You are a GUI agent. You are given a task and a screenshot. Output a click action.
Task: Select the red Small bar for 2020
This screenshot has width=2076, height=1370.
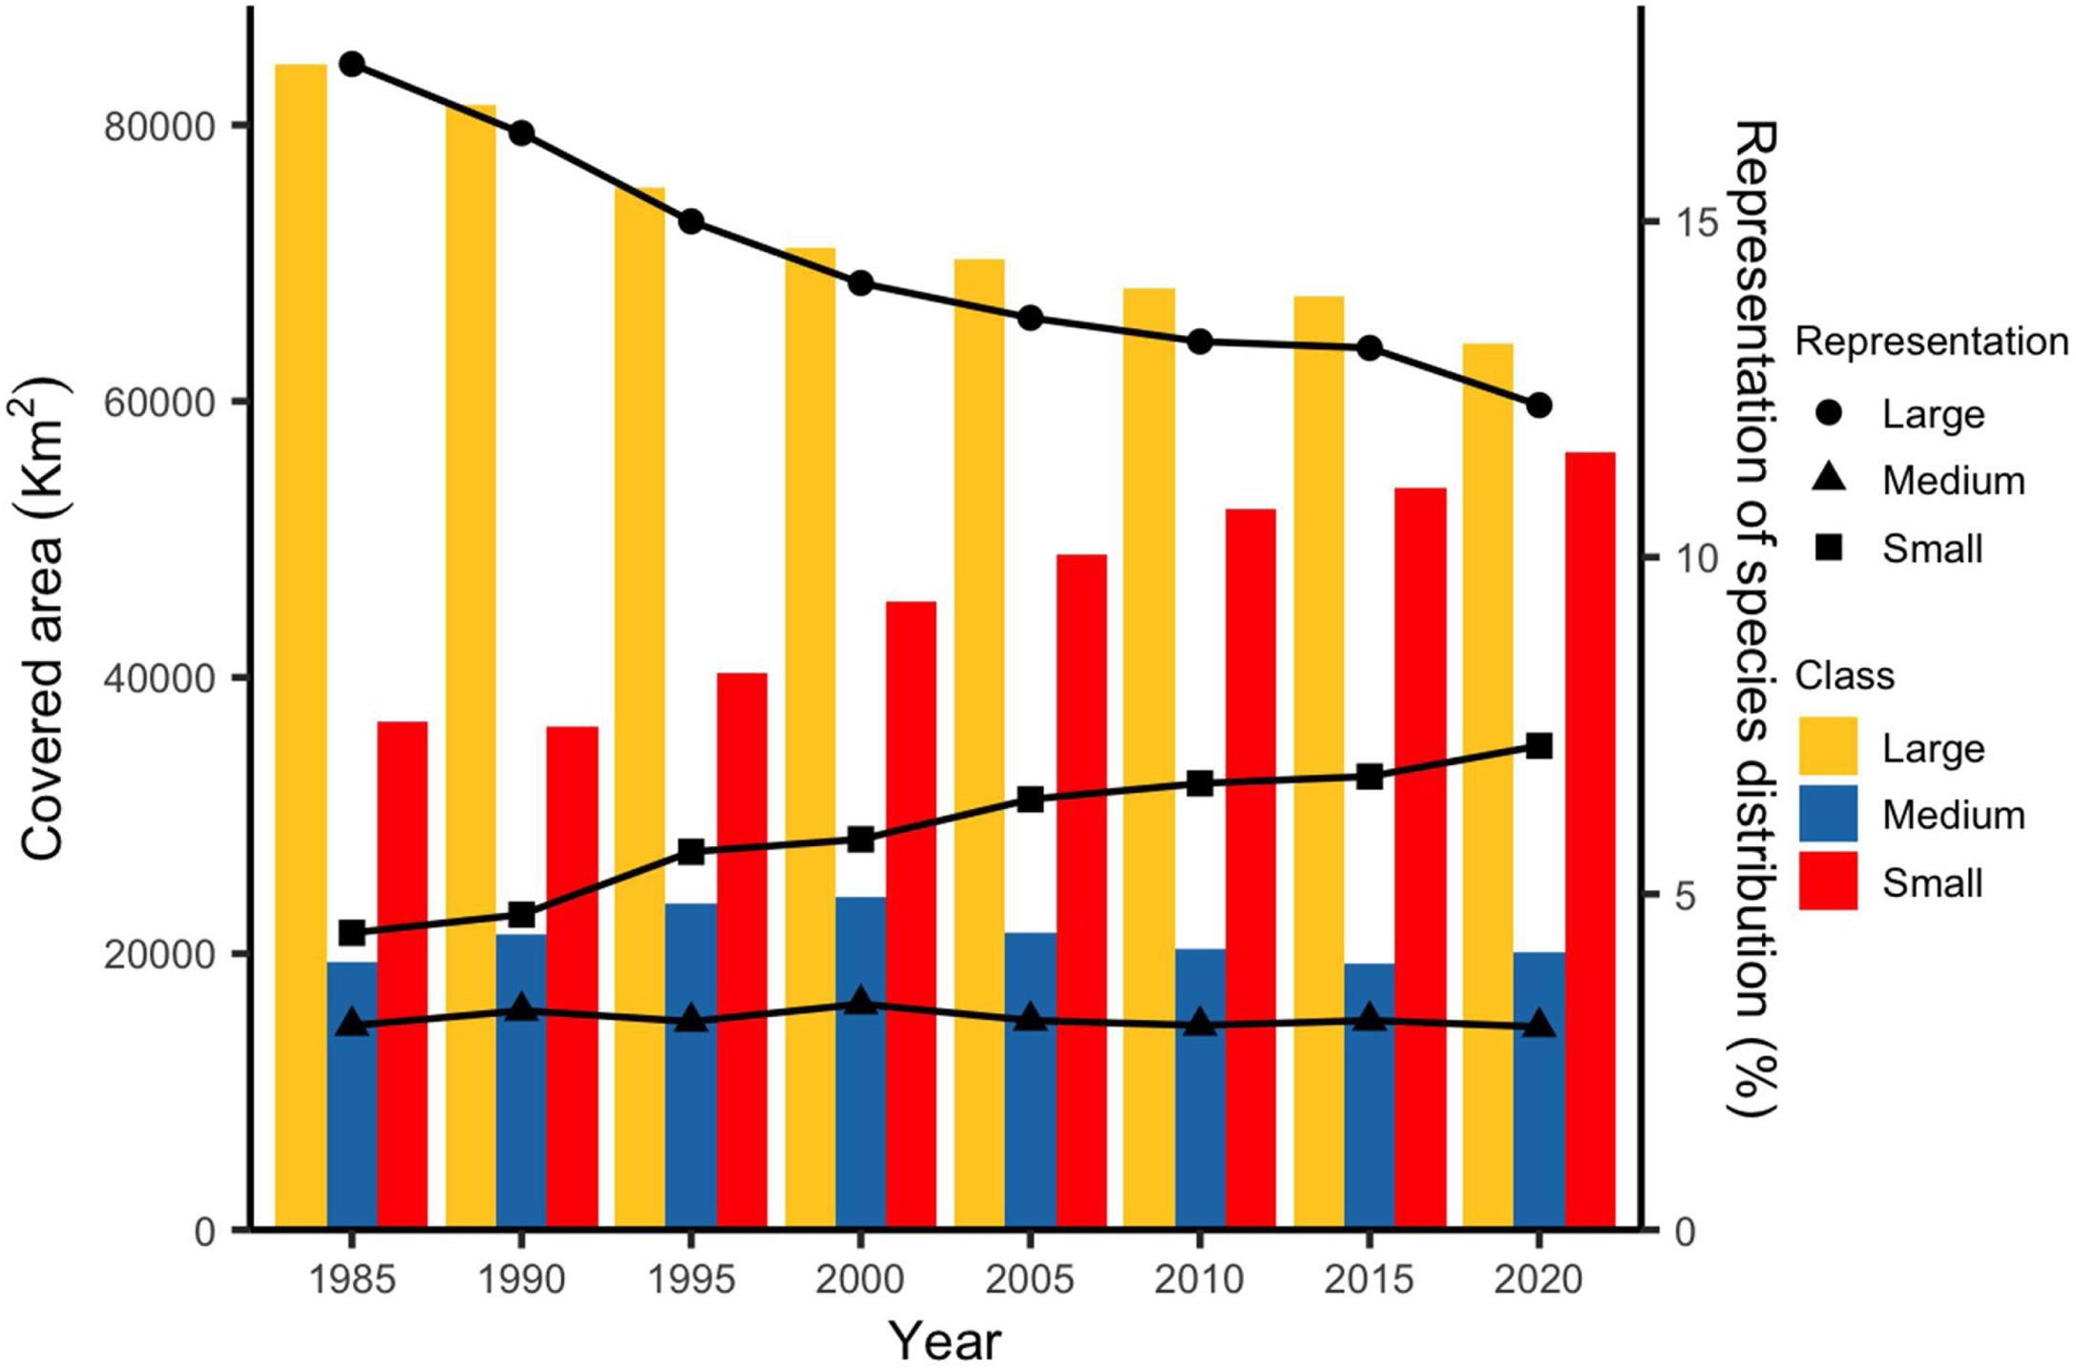pyautogui.click(x=1589, y=840)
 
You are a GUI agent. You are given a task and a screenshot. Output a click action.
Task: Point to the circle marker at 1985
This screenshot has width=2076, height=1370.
pyautogui.click(x=352, y=64)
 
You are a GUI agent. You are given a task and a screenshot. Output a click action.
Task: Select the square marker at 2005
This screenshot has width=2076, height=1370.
pyautogui.click(x=1030, y=799)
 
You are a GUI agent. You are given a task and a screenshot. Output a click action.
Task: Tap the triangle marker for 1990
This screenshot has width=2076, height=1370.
pyautogui.click(x=521, y=1008)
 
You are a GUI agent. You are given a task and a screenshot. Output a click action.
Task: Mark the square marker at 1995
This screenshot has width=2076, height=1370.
pyautogui.click(x=691, y=852)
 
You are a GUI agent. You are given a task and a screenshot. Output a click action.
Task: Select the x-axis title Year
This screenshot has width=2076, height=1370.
pyautogui.click(x=946, y=1340)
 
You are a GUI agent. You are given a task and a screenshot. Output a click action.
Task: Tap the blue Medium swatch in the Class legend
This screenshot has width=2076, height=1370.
pyautogui.click(x=1827, y=814)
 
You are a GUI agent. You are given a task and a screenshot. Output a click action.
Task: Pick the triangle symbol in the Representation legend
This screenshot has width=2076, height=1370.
pyautogui.click(x=1827, y=480)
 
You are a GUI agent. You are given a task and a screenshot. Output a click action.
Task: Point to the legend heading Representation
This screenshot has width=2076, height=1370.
pyautogui.click(x=1931, y=342)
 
